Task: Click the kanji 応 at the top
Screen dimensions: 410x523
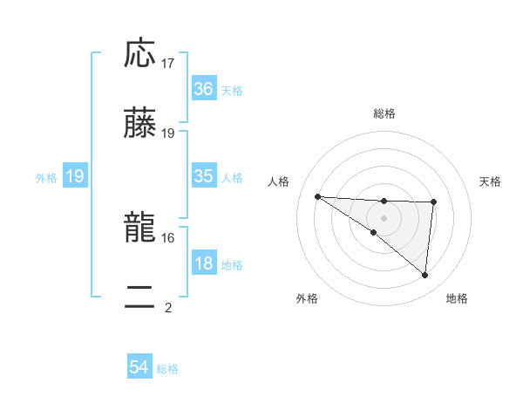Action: (139, 54)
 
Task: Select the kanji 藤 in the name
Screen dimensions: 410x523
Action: (139, 123)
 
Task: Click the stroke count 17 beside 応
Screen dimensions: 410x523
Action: (168, 64)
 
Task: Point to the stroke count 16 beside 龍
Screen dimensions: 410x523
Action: (168, 237)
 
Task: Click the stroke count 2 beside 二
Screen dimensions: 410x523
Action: (168, 307)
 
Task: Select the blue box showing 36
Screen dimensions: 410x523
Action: (203, 88)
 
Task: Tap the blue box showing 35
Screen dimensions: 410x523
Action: (203, 176)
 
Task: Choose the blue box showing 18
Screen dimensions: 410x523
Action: (203, 263)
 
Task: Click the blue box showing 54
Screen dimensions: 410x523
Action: (139, 368)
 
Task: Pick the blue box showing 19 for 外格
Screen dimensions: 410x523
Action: (74, 176)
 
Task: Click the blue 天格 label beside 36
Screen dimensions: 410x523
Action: (232, 90)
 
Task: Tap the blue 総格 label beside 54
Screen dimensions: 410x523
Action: (167, 369)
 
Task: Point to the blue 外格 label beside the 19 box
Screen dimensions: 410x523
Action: (46, 177)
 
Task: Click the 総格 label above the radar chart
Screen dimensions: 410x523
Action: (384, 113)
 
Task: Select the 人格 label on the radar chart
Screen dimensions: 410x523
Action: (280, 181)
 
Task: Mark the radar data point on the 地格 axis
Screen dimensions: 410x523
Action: (425, 276)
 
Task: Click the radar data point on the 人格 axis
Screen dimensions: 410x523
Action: (317, 196)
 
